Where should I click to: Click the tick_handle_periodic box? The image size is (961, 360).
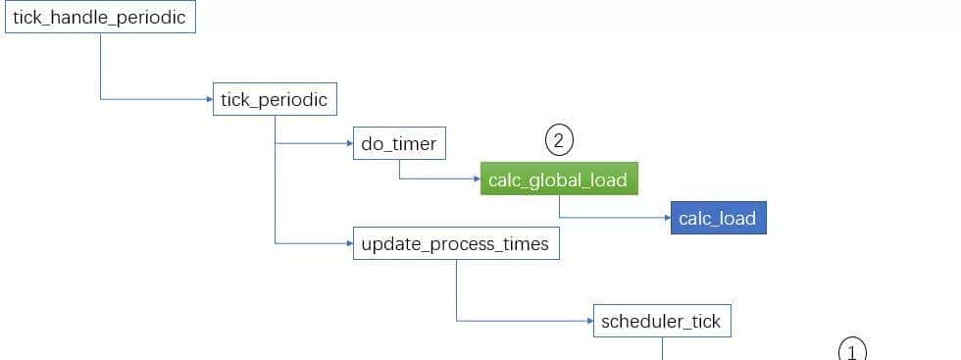[x=99, y=17]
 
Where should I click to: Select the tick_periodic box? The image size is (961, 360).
[x=275, y=99]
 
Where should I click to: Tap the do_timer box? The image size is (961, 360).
[x=398, y=144]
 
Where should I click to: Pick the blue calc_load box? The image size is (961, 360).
[x=718, y=218]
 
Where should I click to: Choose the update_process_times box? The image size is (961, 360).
[x=455, y=243]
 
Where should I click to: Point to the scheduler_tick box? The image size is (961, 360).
[x=662, y=321]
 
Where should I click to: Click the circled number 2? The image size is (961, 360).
[x=559, y=140]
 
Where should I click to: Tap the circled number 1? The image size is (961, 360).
[x=852, y=351]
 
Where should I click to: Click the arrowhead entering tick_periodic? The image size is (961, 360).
[x=208, y=99]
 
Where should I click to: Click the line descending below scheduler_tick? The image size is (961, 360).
[x=663, y=348]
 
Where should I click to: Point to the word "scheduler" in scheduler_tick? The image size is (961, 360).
[x=641, y=321]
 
